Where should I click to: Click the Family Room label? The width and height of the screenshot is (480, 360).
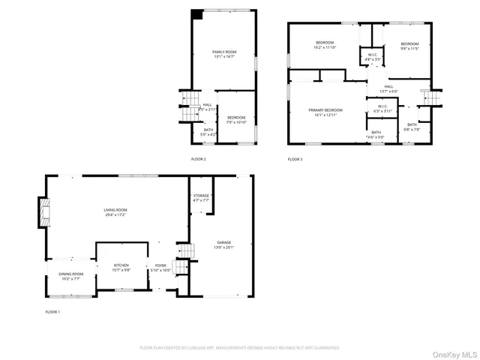(224, 53)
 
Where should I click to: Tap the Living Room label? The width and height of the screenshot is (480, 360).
(115, 212)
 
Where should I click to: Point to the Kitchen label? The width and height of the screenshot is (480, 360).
(121, 267)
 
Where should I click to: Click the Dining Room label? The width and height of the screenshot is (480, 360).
(70, 276)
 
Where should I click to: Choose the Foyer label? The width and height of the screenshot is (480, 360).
(160, 268)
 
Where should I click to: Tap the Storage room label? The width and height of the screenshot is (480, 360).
(202, 198)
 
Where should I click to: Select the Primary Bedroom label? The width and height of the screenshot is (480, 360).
(325, 112)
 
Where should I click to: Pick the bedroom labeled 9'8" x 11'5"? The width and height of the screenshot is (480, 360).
(409, 46)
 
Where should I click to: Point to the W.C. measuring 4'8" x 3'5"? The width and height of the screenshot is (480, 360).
(372, 56)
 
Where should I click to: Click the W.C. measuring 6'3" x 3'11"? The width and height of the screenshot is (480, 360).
(382, 109)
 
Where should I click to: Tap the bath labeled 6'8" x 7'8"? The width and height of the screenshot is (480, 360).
(412, 127)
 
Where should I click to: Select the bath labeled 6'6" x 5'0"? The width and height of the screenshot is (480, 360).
(375, 135)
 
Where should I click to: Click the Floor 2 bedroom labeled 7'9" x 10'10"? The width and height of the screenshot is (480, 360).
(236, 119)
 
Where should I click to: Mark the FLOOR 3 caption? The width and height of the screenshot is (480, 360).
(295, 159)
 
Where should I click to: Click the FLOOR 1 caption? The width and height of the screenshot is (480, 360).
(52, 311)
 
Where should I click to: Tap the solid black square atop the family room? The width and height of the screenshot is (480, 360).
(196, 14)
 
